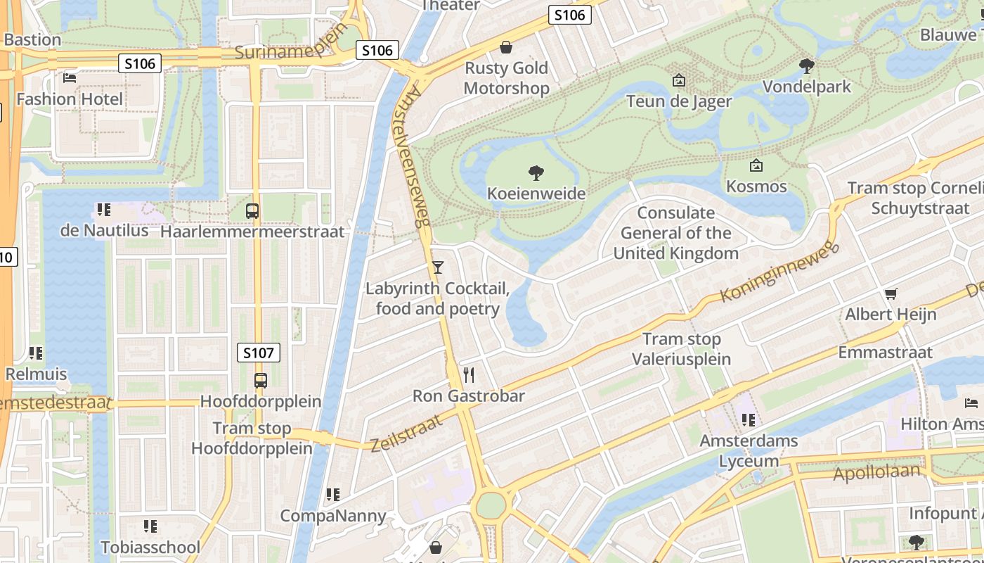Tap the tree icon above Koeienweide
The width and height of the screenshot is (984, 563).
pyautogui.click(x=536, y=172)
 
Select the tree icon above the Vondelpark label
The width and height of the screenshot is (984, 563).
pyautogui.click(x=807, y=66)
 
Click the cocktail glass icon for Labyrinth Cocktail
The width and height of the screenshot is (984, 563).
pyautogui.click(x=438, y=267)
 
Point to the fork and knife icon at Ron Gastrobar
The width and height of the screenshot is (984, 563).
pyautogui.click(x=469, y=374)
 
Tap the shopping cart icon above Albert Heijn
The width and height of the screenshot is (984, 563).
pyautogui.click(x=891, y=293)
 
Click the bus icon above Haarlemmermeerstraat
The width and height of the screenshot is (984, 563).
pyautogui.click(x=252, y=210)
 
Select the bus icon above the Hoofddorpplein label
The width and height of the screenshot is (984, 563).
pyautogui.click(x=261, y=381)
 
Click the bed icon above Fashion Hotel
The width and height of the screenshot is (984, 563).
pyautogui.click(x=70, y=77)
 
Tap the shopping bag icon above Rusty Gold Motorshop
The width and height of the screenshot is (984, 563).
pyautogui.click(x=505, y=47)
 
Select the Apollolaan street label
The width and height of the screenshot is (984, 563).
pyautogui.click(x=876, y=472)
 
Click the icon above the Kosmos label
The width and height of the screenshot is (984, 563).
pyautogui.click(x=756, y=165)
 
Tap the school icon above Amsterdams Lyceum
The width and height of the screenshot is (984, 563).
pyautogui.click(x=749, y=420)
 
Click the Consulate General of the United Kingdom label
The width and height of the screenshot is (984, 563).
pyautogui.click(x=676, y=233)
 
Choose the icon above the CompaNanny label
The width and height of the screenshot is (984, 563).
pyautogui.click(x=333, y=495)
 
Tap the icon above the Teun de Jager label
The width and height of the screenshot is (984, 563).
pyautogui.click(x=678, y=80)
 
